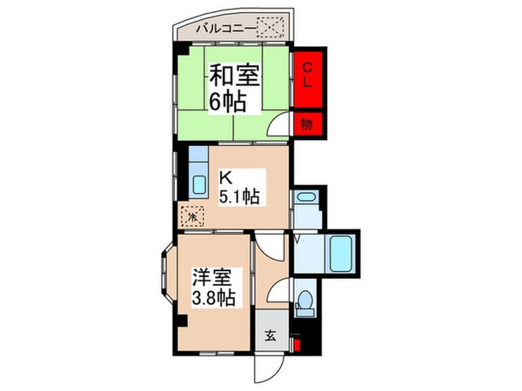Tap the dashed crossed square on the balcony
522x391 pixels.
[x=274, y=28]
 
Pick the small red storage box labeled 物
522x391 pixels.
[x=307, y=123]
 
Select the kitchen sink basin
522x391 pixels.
[x=197, y=184]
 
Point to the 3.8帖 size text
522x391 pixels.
[x=212, y=300]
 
